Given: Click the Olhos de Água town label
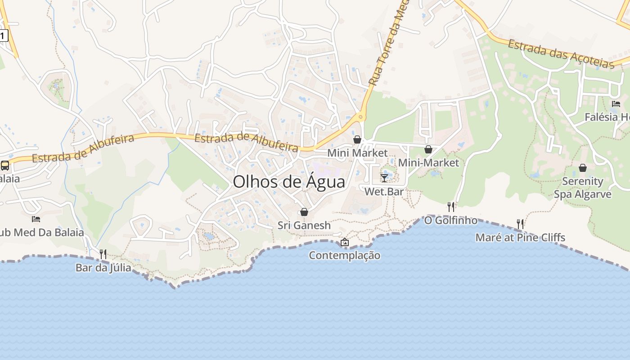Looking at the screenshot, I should [289, 181].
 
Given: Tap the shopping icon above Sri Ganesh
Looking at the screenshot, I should [304, 211].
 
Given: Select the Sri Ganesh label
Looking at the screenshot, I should [304, 225].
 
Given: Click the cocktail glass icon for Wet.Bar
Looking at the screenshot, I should [384, 178].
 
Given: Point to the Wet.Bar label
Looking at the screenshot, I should [384, 192].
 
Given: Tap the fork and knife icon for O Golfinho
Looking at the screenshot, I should [451, 207].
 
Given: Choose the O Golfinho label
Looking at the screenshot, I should [451, 220].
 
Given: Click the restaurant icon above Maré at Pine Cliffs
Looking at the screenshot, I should [520, 224].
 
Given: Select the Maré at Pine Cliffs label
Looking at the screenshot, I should [520, 238].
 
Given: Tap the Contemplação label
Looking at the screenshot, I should [345, 256].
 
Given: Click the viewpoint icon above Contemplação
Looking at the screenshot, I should [345, 242].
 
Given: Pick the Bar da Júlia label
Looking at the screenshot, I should [103, 268].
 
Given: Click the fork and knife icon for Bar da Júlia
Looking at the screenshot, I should [103, 254].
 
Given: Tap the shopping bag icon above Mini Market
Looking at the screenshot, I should [357, 139].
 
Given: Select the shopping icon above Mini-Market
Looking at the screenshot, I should [428, 149].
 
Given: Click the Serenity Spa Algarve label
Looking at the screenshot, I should [583, 188].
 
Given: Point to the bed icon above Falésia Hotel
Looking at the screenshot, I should [616, 103].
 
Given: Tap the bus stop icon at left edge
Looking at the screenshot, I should [5, 165].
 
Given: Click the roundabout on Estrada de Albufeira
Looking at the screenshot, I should [360, 117].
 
